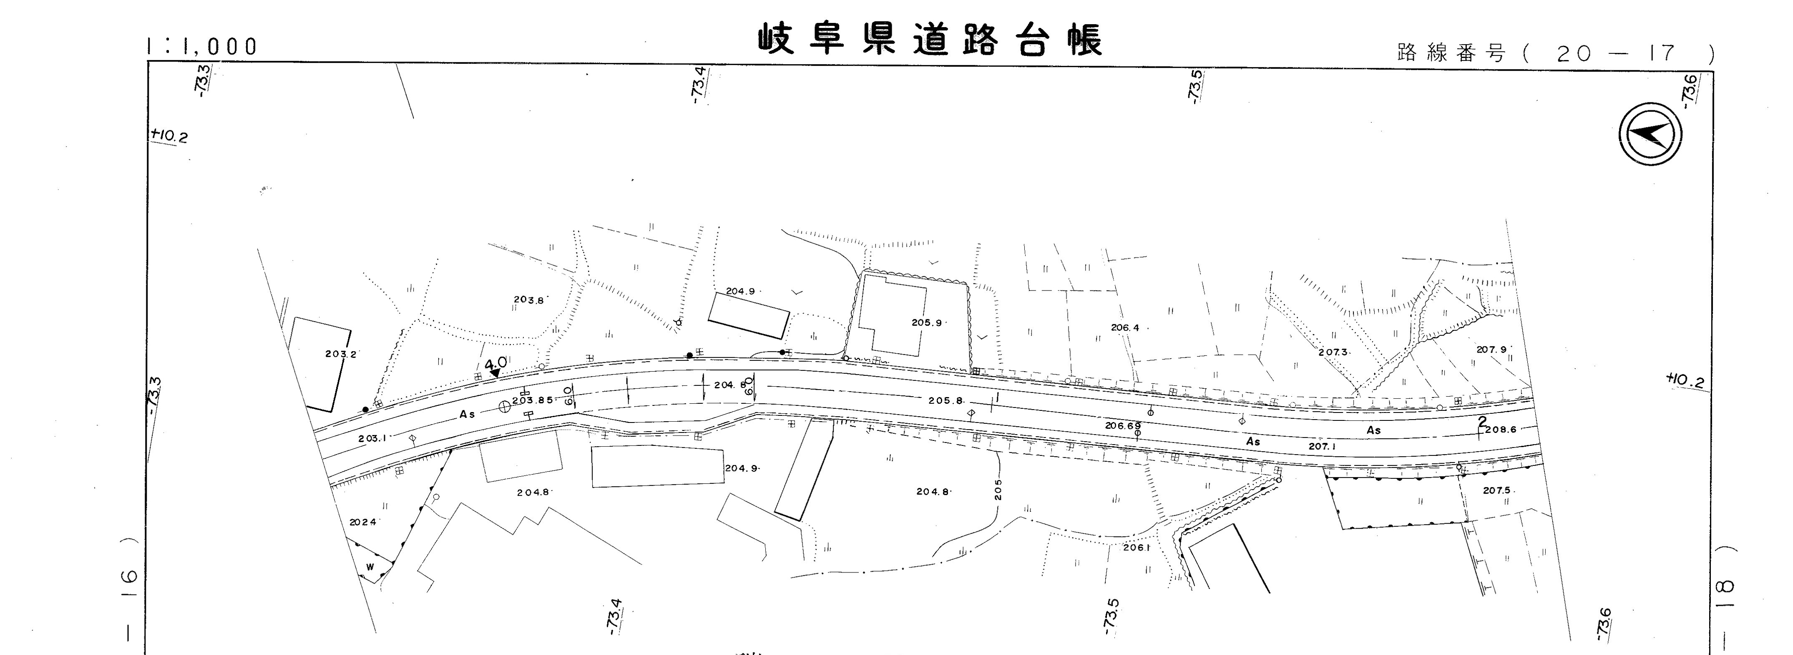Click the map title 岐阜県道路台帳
930,41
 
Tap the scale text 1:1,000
202,47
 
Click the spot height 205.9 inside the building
926,322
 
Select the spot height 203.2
340,354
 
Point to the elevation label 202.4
362,522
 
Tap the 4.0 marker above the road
495,364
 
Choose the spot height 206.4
1125,327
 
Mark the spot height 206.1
1136,547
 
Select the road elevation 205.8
945,400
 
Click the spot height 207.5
1496,490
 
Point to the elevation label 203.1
372,439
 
